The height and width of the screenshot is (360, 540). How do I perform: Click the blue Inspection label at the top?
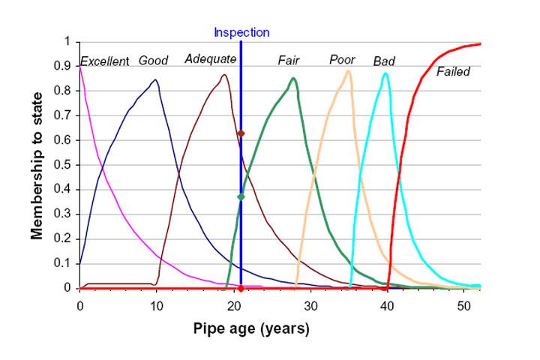(x=241, y=32)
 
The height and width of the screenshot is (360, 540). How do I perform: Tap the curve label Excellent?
(x=104, y=61)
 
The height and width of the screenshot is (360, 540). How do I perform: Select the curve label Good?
(x=153, y=61)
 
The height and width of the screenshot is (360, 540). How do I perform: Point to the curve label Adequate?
(x=211, y=59)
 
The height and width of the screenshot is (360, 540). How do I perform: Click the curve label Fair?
(x=289, y=60)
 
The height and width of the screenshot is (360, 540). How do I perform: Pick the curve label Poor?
(x=342, y=60)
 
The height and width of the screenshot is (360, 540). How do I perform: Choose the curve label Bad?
(x=384, y=61)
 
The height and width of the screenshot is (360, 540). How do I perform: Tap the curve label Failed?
(x=453, y=72)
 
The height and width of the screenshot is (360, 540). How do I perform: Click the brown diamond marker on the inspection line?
(x=241, y=133)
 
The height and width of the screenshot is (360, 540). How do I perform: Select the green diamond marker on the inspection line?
(x=241, y=196)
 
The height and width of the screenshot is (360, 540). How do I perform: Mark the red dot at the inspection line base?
(x=241, y=288)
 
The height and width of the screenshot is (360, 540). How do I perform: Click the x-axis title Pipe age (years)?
(x=251, y=328)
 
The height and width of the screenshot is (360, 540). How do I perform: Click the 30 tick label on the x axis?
(x=310, y=304)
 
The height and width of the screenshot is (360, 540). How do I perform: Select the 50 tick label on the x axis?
(x=463, y=304)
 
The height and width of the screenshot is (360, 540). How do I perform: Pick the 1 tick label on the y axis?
(x=67, y=42)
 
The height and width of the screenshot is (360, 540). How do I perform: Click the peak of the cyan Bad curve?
(x=385, y=73)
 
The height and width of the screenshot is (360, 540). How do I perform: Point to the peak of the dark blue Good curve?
(x=155, y=79)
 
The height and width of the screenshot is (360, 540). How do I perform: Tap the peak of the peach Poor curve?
(x=348, y=71)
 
